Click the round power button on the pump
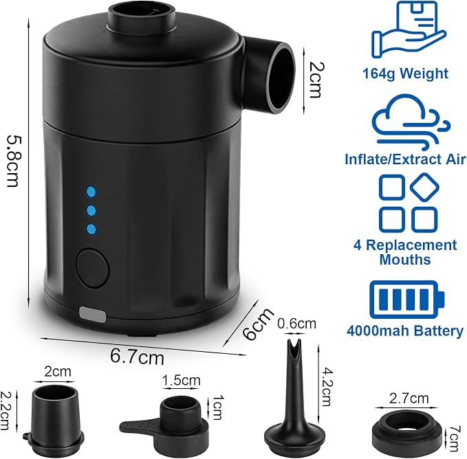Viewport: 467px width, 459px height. (x=93, y=269)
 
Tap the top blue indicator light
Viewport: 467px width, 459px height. (x=91, y=192)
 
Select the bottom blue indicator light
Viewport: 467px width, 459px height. (x=91, y=229)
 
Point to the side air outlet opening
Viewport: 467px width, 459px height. (x=280, y=78)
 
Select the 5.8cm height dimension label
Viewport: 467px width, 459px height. (x=13, y=161)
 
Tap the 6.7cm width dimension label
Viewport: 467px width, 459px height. (x=137, y=356)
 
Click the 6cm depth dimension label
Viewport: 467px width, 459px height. (x=258, y=324)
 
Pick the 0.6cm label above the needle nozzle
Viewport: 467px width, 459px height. (x=296, y=324)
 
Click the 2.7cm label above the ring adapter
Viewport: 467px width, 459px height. (x=409, y=398)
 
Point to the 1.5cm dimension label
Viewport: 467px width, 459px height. (x=181, y=380)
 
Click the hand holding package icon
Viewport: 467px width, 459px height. (x=409, y=29)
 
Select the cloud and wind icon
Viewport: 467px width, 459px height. (x=412, y=122)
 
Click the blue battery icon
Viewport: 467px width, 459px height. (x=407, y=300)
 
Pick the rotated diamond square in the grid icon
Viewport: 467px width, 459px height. (x=424, y=188)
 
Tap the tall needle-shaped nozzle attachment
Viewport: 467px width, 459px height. (x=288, y=396)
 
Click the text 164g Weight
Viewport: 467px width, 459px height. (x=405, y=73)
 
